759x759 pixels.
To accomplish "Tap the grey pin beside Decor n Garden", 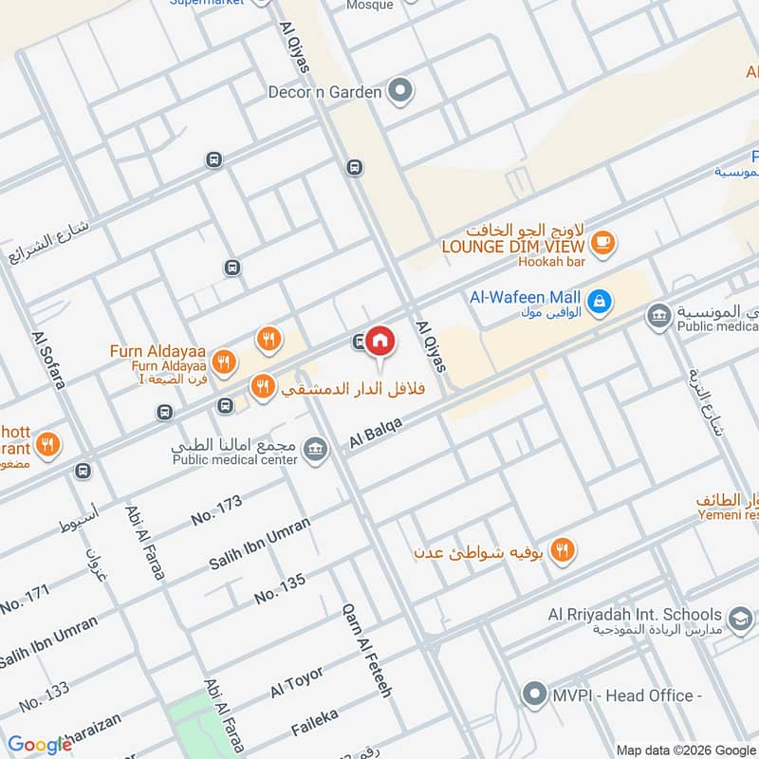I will [x=401, y=92].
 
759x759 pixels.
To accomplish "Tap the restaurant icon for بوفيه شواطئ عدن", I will [x=563, y=550].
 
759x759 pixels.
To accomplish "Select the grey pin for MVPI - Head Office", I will [x=535, y=695].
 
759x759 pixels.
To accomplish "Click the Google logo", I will [x=40, y=745].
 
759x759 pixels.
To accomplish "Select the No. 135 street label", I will [x=280, y=590].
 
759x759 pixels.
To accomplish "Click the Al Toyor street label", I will [x=297, y=682].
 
